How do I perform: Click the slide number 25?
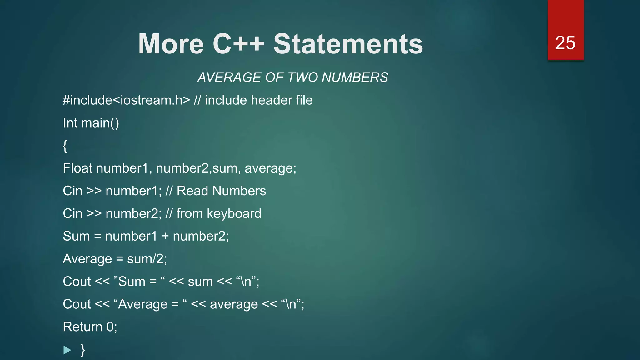click(x=565, y=43)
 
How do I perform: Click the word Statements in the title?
click(x=348, y=44)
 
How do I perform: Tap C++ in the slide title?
click(x=238, y=44)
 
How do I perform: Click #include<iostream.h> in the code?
click(x=126, y=100)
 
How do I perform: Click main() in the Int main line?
click(x=100, y=123)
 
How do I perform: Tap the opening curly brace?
click(x=65, y=146)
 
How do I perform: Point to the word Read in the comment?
click(x=192, y=191)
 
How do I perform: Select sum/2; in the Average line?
click(x=147, y=259)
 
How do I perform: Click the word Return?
click(x=83, y=327)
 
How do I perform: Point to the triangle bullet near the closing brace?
click(x=67, y=350)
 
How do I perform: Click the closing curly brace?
click(x=83, y=350)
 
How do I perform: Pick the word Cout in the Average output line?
click(x=77, y=304)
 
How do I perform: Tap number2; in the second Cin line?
click(x=134, y=214)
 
